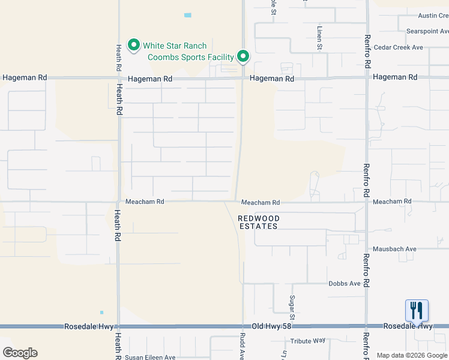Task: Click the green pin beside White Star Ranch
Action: pyautogui.click(x=133, y=46)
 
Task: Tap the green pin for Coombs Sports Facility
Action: pyautogui.click(x=243, y=56)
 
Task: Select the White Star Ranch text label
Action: pyautogui.click(x=174, y=46)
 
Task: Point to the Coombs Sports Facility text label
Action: pyautogui.click(x=191, y=57)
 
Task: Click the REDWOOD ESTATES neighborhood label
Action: pyautogui.click(x=258, y=223)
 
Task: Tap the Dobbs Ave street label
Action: pyautogui.click(x=344, y=283)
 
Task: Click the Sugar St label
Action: pyautogui.click(x=293, y=307)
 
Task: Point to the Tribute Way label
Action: pyautogui.click(x=307, y=341)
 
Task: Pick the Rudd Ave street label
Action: pyautogui.click(x=243, y=346)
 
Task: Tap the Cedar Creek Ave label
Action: pyautogui.click(x=398, y=47)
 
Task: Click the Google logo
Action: pyautogui.click(x=20, y=353)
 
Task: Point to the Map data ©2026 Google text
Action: pyautogui.click(x=412, y=355)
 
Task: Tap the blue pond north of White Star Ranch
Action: pyautogui.click(x=188, y=15)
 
